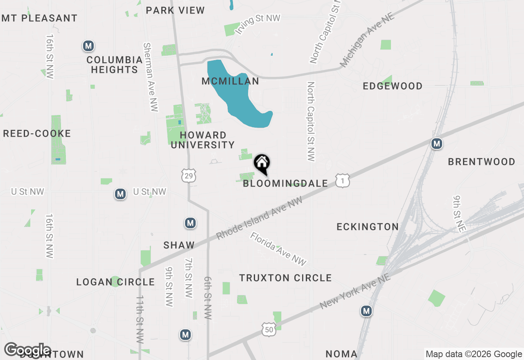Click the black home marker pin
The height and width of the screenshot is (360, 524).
262,164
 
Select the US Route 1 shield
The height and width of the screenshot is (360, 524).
342,180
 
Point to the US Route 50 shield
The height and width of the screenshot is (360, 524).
269,328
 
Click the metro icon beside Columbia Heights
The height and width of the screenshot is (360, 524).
88,46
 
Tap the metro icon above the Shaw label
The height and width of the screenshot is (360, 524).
190,223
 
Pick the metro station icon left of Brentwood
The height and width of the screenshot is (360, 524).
437,144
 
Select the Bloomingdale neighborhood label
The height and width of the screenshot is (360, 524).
285,183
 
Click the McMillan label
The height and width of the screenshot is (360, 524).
230,81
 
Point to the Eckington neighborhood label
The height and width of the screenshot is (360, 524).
368,227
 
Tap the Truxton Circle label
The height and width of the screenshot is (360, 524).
285,278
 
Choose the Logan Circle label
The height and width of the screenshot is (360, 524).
115,282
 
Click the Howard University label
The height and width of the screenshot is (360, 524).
203,140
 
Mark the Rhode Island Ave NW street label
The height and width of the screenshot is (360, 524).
260,218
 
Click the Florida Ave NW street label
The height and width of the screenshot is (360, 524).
278,249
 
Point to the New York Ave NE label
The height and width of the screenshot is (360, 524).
355,291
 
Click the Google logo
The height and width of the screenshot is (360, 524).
27,350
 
